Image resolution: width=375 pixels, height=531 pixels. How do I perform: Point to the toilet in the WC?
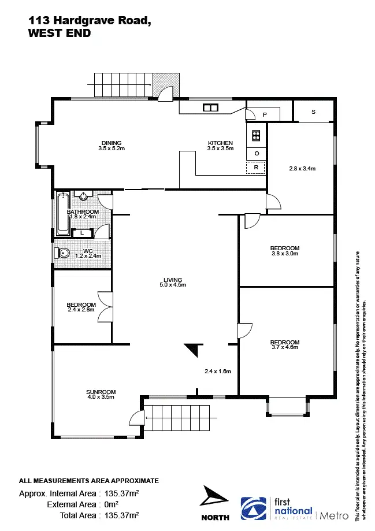63,253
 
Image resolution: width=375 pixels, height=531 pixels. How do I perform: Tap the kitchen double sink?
210,107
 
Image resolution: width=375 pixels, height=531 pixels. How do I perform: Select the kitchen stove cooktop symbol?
256,136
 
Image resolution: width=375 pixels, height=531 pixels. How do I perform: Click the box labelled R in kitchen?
256,168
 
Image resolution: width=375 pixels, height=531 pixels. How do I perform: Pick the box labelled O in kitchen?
256,153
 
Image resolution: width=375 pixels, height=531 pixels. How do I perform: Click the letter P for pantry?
264,115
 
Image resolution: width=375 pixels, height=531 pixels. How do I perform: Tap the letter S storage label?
313,112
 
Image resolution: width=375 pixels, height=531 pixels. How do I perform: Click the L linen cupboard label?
83,233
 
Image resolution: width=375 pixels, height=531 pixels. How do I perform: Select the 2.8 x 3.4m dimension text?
302,169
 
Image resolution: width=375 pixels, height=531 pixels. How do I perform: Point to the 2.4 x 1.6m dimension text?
217,372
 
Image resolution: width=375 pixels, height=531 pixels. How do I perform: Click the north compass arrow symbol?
214,499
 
